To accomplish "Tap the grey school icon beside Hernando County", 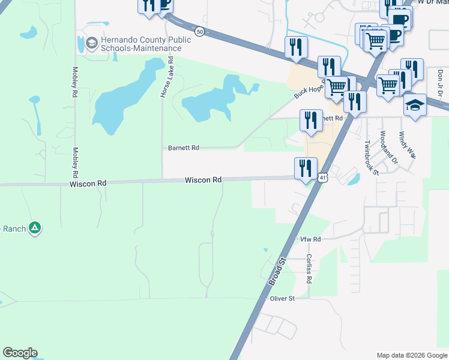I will pyautogui.click(x=91, y=43).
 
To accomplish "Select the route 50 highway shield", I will pyautogui.click(x=199, y=31).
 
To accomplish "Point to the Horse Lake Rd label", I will pyautogui.click(x=170, y=77).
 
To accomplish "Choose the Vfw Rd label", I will pyautogui.click(x=310, y=239).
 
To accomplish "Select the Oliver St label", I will pyautogui.click(x=282, y=298).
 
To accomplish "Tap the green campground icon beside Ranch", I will pyautogui.click(x=35, y=227).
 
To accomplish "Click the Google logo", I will pyautogui.click(x=20, y=353).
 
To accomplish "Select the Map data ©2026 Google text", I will pyautogui.click(x=412, y=355).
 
